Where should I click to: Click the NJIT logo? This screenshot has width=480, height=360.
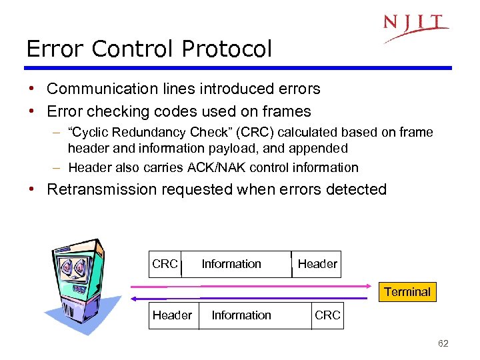click(x=415, y=27)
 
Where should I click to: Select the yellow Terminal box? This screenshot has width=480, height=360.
click(x=407, y=291)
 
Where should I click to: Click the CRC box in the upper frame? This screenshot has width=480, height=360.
click(x=165, y=264)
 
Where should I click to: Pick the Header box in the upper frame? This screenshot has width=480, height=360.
click(x=317, y=264)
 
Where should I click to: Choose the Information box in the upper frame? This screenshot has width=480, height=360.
click(x=231, y=264)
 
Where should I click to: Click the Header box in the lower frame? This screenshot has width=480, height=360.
click(x=172, y=315)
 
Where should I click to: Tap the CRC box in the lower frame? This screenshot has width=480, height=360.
click(x=327, y=315)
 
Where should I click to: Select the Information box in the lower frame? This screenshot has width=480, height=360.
click(x=241, y=315)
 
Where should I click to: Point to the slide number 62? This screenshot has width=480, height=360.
click(x=443, y=343)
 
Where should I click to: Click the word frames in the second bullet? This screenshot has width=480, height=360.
click(x=287, y=111)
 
